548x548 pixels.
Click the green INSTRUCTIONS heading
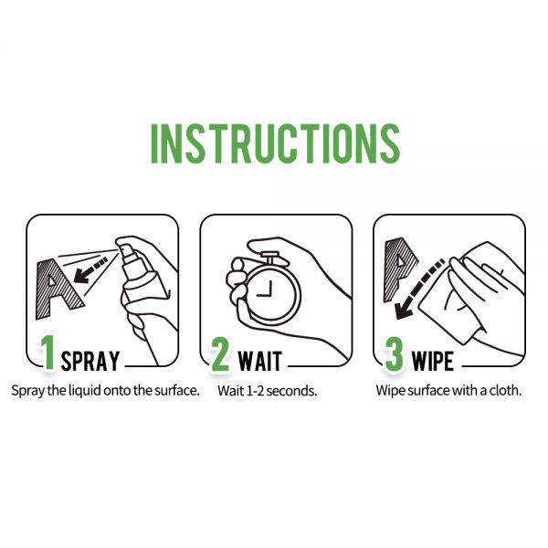pyautogui.click(x=276, y=143)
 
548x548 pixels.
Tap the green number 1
pyautogui.click(x=47, y=353)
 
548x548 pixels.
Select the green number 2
pyautogui.click(x=220, y=354)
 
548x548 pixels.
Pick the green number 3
pyautogui.click(x=394, y=354)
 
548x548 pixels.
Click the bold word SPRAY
pyautogui.click(x=90, y=361)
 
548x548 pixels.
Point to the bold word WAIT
pyautogui.click(x=260, y=361)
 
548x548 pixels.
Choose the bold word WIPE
pyautogui.click(x=433, y=361)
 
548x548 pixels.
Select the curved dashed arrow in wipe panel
pyautogui.click(x=419, y=289)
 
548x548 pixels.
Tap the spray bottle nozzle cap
pyautogui.click(x=127, y=253)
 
